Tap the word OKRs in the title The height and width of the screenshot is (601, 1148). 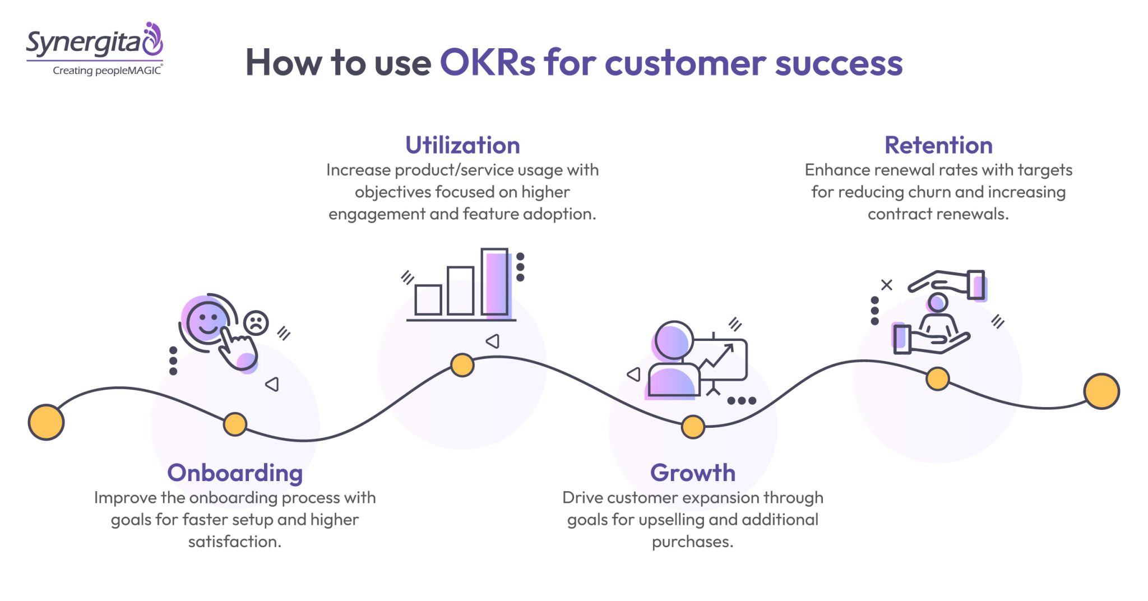pyautogui.click(x=488, y=62)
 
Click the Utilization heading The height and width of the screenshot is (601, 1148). pyautogui.click(x=462, y=145)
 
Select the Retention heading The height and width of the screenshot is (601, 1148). pyautogui.click(x=938, y=145)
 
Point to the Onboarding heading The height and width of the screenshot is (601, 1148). pyautogui.click(x=235, y=473)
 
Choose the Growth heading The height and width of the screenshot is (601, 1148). pyautogui.click(x=692, y=473)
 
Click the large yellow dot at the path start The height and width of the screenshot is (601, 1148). pyautogui.click(x=46, y=422)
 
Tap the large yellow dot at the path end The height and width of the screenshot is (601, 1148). pyautogui.click(x=1101, y=391)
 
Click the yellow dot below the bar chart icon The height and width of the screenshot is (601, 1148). pyautogui.click(x=462, y=365)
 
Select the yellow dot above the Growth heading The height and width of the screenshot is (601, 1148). pyautogui.click(x=693, y=427)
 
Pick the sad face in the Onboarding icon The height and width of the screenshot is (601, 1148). pyautogui.click(x=256, y=323)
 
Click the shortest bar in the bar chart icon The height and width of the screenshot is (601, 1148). pyautogui.click(x=428, y=300)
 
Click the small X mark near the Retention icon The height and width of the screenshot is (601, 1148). pyautogui.click(x=886, y=285)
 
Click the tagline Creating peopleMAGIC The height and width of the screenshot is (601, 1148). pyautogui.click(x=107, y=71)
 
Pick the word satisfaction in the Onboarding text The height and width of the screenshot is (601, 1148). pyautogui.click(x=235, y=542)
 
